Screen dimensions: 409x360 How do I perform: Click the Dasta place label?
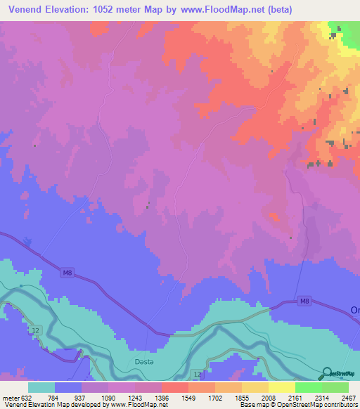click(x=143, y=362)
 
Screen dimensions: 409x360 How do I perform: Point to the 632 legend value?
click(x=26, y=398)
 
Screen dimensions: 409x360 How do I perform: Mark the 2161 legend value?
click(x=282, y=398)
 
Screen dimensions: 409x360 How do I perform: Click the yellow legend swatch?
click(x=281, y=387)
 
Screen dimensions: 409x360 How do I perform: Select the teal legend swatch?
click(x=41, y=387)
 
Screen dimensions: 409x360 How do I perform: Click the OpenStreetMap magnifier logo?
click(x=328, y=374)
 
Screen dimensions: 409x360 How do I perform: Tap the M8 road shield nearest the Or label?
click(x=304, y=301)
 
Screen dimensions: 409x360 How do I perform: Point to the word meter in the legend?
click(x=11, y=398)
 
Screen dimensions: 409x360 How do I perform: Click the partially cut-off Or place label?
click(x=355, y=310)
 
